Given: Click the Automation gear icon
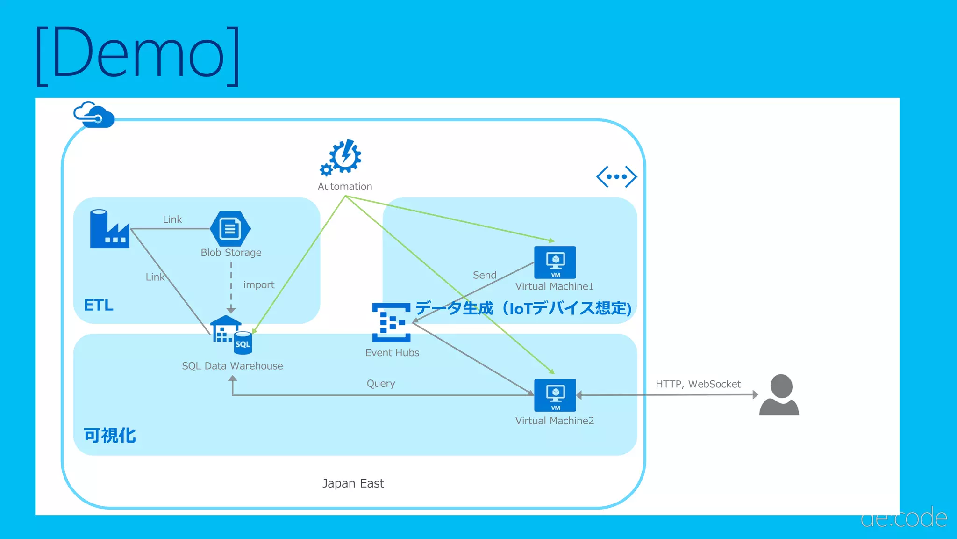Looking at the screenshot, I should click(x=342, y=157).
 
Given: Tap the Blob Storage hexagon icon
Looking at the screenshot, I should click(x=230, y=229).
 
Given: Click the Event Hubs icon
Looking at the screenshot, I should click(x=391, y=322).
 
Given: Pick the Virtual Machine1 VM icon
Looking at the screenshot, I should click(x=555, y=262).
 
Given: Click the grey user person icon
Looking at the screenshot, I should click(x=779, y=395).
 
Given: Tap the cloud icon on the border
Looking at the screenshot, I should click(x=94, y=115).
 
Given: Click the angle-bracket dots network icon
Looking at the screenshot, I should click(x=616, y=177).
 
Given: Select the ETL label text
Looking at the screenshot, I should click(x=99, y=305).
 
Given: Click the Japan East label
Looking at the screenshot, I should click(x=353, y=483).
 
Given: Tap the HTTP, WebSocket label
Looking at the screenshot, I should click(x=698, y=384).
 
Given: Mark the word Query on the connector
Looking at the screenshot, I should click(x=381, y=384).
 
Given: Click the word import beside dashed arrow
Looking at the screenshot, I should click(x=259, y=285).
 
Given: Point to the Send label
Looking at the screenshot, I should click(x=485, y=275).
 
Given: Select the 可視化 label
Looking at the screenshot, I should click(x=109, y=436).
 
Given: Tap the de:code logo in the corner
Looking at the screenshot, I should click(x=904, y=518).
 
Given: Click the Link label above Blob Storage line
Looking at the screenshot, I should click(x=172, y=219).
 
